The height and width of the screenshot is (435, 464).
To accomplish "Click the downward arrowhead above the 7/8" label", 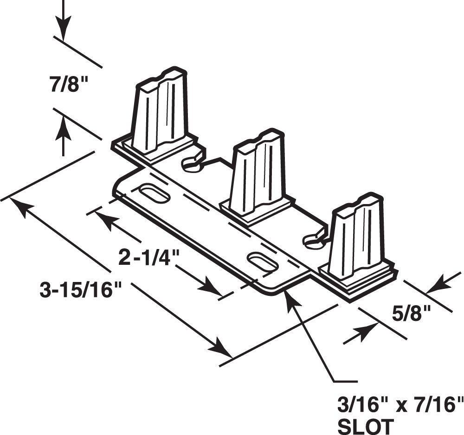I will coord(64,29).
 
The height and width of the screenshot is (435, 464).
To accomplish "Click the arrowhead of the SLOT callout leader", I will coord(291,296).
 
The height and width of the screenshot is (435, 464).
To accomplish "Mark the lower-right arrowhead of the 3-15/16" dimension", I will coord(222,349).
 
